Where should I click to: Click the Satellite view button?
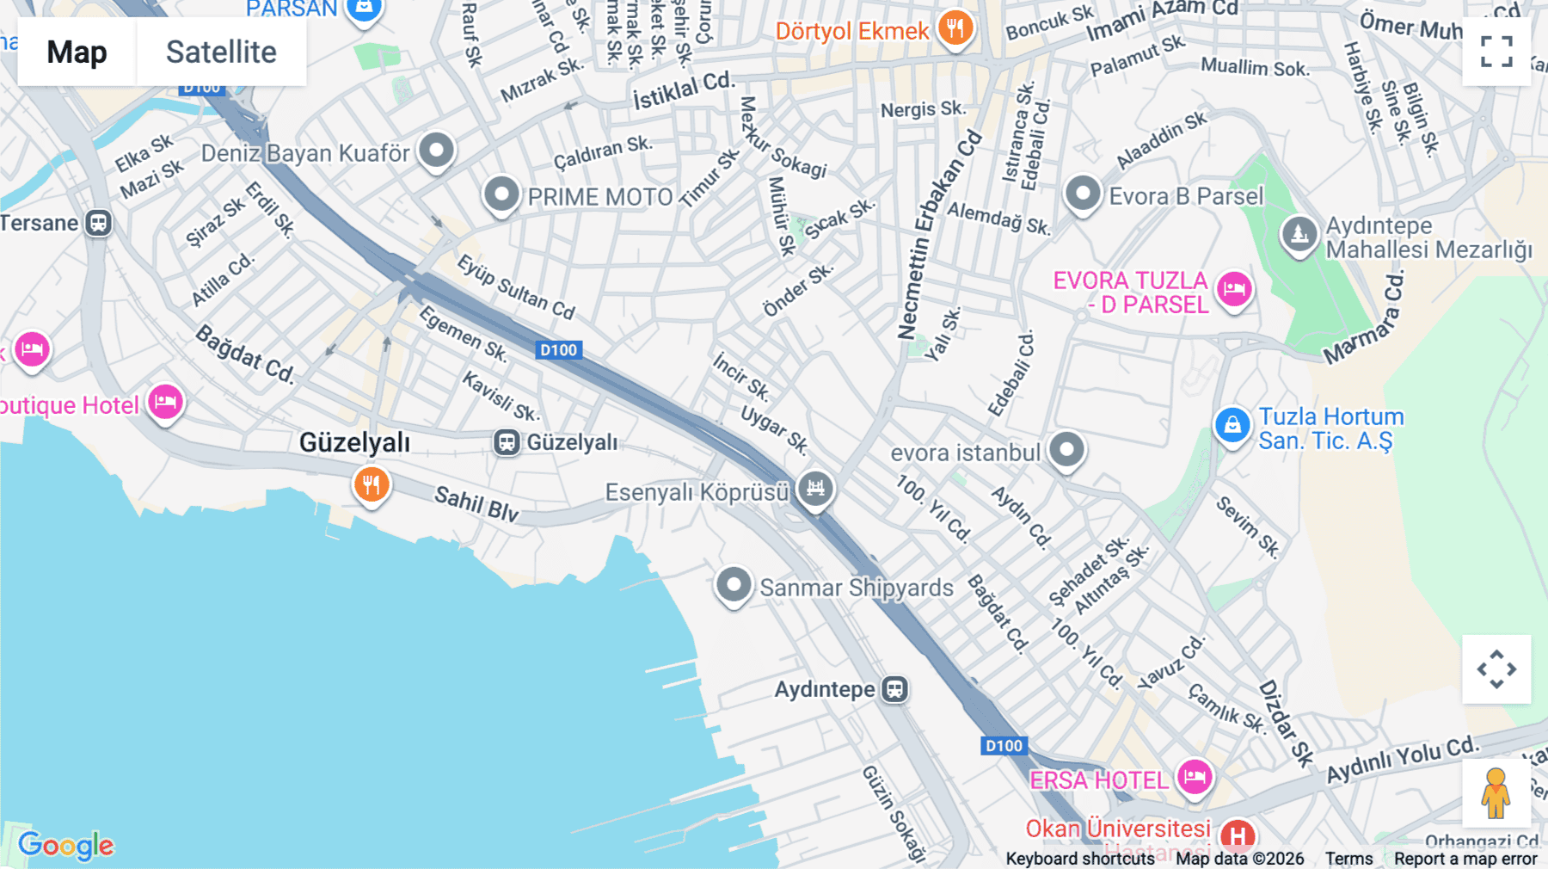pos(221,52)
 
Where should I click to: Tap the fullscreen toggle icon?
pos(1496,52)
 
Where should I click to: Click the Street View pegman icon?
pos(1496,792)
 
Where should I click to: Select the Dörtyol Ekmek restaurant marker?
pos(955,28)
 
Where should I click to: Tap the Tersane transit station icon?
pos(99,223)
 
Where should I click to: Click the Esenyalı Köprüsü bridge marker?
pos(815,489)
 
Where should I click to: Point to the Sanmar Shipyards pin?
pos(734,585)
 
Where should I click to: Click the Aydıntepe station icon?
pos(894,689)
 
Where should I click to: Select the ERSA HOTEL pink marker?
pos(1194,778)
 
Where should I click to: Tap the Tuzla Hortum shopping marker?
pos(1232,425)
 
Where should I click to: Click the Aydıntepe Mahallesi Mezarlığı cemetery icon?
pos(1299,233)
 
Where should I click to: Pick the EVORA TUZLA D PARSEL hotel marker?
pos(1234,289)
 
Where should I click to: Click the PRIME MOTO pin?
pos(501,194)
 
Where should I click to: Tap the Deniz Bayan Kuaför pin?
pos(436,151)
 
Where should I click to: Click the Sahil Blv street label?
pos(476,504)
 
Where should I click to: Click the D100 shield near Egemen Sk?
pos(558,350)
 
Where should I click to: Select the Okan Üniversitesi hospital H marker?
pos(1237,835)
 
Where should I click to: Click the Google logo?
pos(66,845)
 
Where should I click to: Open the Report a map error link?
pos(1465,859)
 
